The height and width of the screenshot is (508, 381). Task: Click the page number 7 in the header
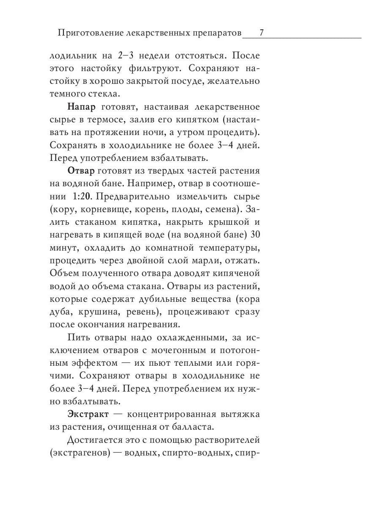(262, 33)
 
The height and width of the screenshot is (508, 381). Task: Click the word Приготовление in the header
(83, 33)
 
